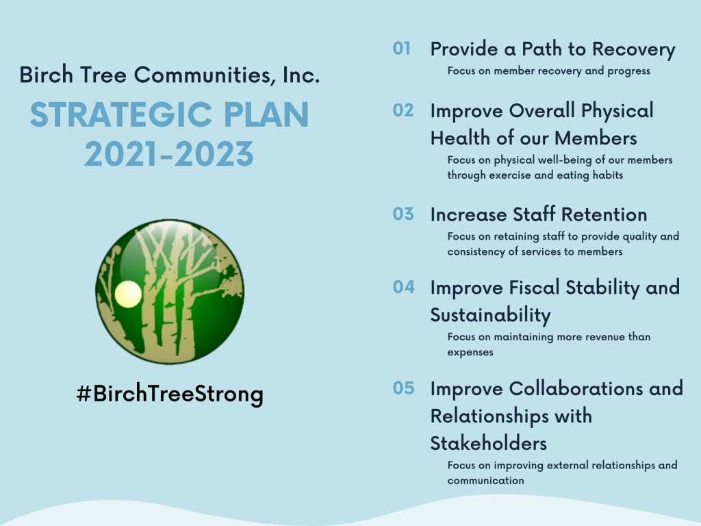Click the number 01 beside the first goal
pyautogui.click(x=401, y=49)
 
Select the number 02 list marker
pyautogui.click(x=403, y=110)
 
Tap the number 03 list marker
pyautogui.click(x=403, y=214)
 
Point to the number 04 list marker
pyautogui.click(x=404, y=287)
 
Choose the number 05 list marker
pyautogui.click(x=404, y=388)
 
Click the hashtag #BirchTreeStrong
pyautogui.click(x=170, y=394)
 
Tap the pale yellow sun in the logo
pyautogui.click(x=128, y=295)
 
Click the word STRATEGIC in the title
pyautogui.click(x=120, y=115)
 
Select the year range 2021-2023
pyautogui.click(x=169, y=154)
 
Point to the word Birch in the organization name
pyautogui.click(x=46, y=75)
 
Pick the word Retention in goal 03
pyautogui.click(x=604, y=214)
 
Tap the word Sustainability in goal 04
pyautogui.click(x=490, y=316)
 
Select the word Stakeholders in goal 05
pyautogui.click(x=489, y=444)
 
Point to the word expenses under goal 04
pyautogui.click(x=470, y=353)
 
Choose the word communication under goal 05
pyautogui.click(x=485, y=481)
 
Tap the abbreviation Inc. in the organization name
pyautogui.click(x=301, y=75)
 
